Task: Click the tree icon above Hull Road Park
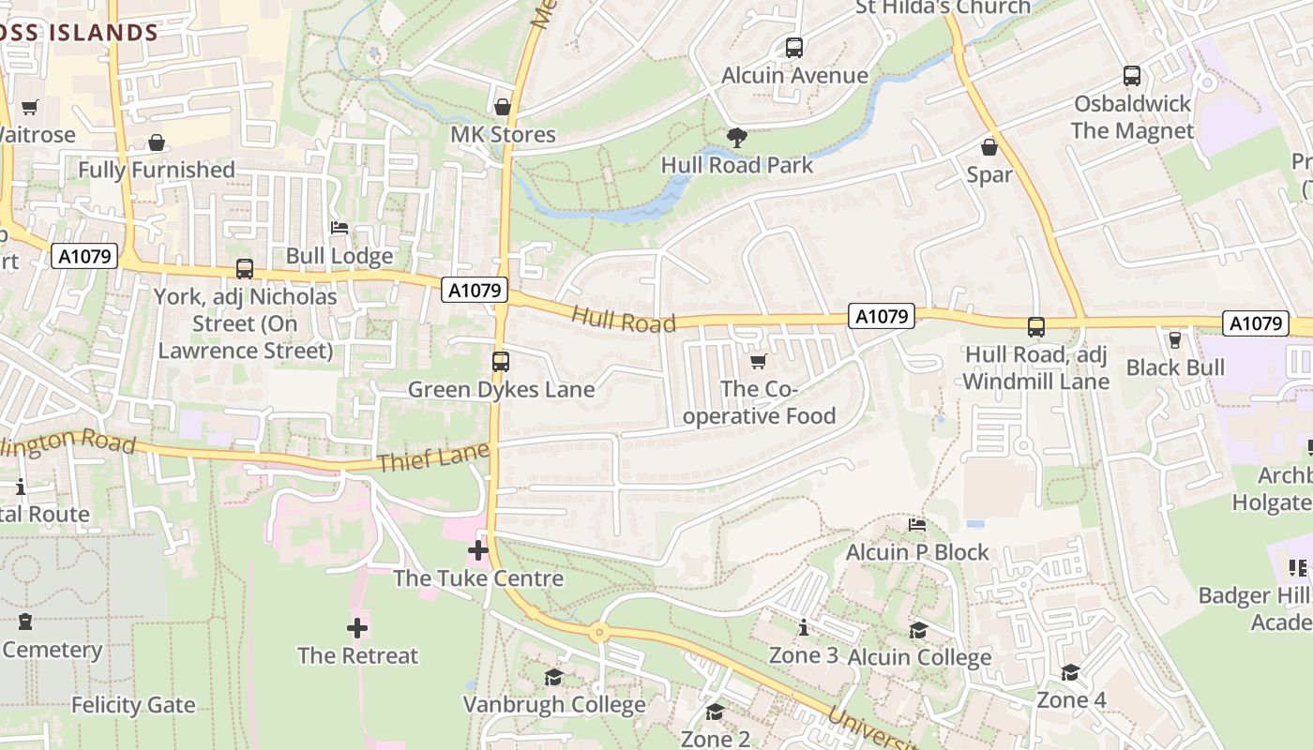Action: tap(737, 138)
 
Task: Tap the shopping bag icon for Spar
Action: tap(989, 147)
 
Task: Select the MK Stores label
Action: tap(503, 135)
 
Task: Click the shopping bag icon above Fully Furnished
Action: tap(157, 142)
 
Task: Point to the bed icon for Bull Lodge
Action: tap(340, 228)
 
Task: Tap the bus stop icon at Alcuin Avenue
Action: tap(794, 47)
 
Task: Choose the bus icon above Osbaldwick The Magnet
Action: tap(1132, 76)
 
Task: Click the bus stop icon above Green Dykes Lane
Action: tap(501, 361)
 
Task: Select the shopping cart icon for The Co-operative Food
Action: tap(759, 361)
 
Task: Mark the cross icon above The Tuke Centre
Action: tap(478, 550)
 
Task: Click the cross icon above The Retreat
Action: tap(357, 627)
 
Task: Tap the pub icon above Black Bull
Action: tap(1175, 339)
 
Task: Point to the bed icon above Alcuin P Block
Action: tap(917, 525)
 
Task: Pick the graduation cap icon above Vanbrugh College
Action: tap(554, 677)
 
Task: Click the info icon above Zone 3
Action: tap(804, 628)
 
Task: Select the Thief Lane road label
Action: tap(433, 458)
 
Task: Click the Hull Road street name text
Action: tap(624, 320)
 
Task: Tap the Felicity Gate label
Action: tap(133, 705)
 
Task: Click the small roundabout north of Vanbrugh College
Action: tap(599, 633)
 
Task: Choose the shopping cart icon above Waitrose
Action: tap(29, 107)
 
